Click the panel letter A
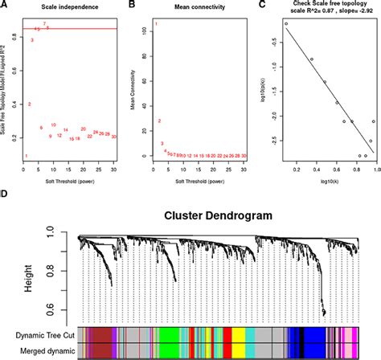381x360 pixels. (6, 6)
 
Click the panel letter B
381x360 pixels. (134, 6)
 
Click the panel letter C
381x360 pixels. (260, 6)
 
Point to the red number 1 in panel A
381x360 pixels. (27, 156)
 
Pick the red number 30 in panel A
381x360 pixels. (115, 137)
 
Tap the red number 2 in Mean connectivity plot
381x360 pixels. (159, 121)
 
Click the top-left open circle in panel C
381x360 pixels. (286, 24)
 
